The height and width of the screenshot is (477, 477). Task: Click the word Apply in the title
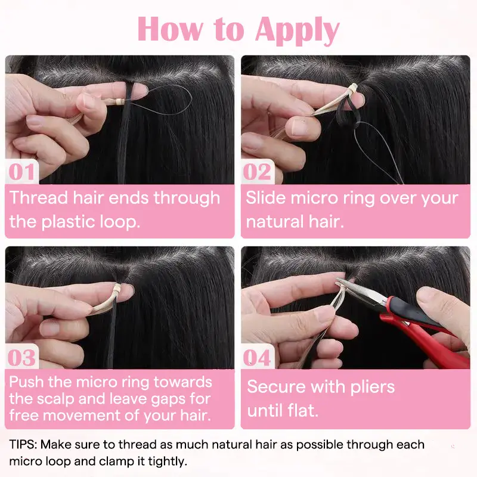[297, 29]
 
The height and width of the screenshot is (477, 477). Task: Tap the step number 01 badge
[22, 172]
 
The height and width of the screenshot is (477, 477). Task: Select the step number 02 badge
[258, 172]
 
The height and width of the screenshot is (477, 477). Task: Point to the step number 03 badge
[22, 357]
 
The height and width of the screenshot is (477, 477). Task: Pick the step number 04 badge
[258, 357]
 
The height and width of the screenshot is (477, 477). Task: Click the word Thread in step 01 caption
[38, 198]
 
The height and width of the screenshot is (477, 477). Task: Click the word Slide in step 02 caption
[266, 198]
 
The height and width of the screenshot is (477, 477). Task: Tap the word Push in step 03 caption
[26, 382]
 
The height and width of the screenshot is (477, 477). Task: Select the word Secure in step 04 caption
[277, 386]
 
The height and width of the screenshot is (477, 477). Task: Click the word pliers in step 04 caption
[372, 388]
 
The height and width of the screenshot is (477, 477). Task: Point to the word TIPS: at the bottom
[23, 444]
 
